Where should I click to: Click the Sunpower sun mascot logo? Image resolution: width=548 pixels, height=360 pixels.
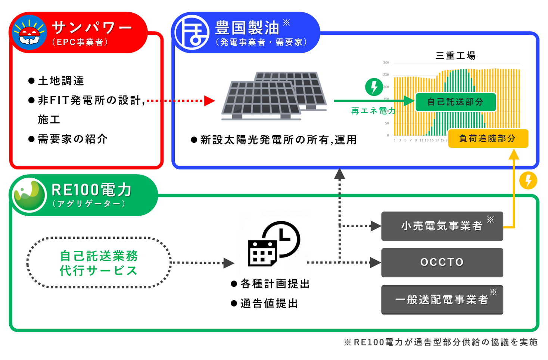(29, 32)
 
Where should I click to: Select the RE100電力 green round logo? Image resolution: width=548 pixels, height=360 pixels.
(29, 195)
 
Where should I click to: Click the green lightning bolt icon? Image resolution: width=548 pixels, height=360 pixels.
(374, 87)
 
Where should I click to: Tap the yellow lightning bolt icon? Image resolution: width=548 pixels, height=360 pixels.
(528, 181)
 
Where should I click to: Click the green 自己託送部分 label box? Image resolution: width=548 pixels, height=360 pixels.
(455, 102)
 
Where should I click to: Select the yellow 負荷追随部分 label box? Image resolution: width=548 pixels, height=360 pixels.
(488, 138)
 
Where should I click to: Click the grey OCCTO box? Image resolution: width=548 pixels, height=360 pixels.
(442, 262)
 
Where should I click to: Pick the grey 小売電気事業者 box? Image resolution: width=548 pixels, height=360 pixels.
(442, 226)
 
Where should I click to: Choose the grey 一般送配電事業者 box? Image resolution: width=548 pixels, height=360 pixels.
(442, 300)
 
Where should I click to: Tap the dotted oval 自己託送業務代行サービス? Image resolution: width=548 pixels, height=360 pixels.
(99, 263)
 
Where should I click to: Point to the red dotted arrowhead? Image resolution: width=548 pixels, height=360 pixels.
(209, 101)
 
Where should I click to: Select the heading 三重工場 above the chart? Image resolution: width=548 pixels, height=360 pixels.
(455, 56)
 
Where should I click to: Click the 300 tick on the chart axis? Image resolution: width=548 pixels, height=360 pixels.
(386, 63)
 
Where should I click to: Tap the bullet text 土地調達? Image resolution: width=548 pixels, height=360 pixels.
(61, 81)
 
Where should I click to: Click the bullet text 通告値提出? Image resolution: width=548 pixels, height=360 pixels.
(269, 303)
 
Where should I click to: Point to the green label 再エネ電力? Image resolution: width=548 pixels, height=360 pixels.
(373, 111)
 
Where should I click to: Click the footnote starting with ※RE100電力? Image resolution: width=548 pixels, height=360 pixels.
(440, 342)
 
